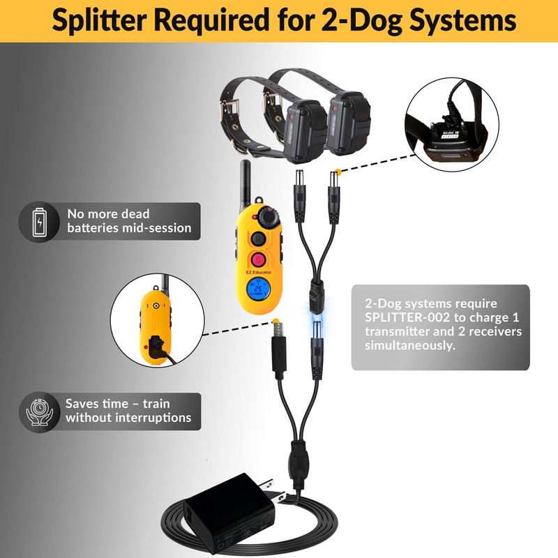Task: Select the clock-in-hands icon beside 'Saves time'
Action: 40,411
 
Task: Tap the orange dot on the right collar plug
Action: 338,172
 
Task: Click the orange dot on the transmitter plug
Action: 280,324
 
